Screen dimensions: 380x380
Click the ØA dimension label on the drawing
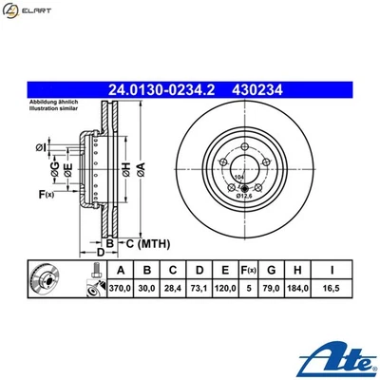(140, 167)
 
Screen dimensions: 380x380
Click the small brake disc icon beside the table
(45, 281)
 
